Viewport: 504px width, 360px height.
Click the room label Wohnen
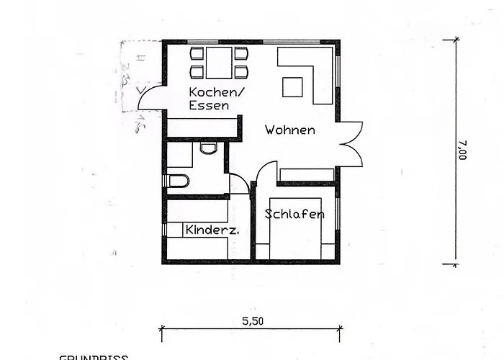(289, 130)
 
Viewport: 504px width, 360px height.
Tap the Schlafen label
(294, 214)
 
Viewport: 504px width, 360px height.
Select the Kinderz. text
(212, 230)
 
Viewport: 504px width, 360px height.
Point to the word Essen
(209, 105)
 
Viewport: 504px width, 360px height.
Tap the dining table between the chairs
(219, 62)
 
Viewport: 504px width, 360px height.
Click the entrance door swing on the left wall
(150, 99)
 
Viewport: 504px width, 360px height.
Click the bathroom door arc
(238, 182)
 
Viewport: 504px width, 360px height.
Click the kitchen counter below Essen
(203, 127)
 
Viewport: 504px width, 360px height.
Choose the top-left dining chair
(197, 54)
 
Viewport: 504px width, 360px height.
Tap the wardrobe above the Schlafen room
(307, 174)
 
